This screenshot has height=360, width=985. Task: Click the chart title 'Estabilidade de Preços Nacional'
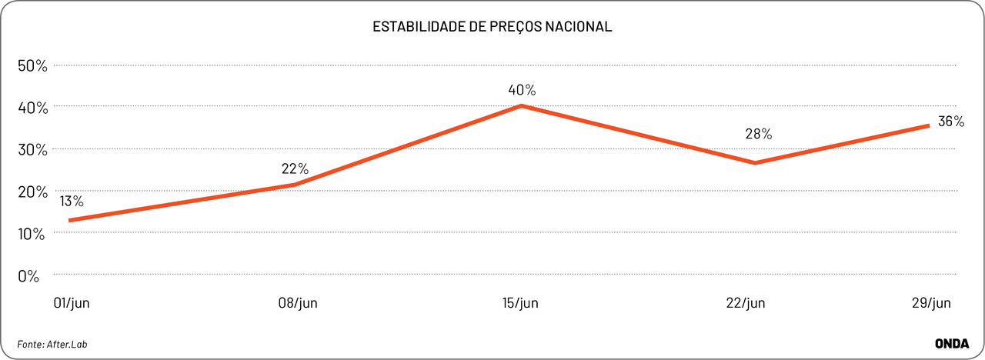[492, 27]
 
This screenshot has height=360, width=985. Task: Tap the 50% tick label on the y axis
[33, 65]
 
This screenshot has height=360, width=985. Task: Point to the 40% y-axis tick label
[33, 108]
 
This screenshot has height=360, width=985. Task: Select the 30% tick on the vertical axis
[33, 149]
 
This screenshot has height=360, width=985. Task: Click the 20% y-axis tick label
[33, 192]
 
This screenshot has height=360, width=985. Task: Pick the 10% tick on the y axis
[33, 233]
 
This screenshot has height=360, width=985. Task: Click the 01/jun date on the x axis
[72, 303]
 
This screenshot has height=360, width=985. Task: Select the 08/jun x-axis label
[298, 303]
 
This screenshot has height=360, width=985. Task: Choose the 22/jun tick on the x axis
[744, 303]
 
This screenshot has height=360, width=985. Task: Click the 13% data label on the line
[71, 202]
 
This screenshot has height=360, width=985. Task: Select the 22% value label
[295, 168]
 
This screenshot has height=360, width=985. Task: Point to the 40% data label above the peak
[521, 90]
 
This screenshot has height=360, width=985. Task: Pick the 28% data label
[758, 134]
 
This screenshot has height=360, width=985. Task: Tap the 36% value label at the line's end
[950, 122]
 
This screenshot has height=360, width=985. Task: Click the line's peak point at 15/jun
[521, 105]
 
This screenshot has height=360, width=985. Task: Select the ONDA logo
[951, 343]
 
